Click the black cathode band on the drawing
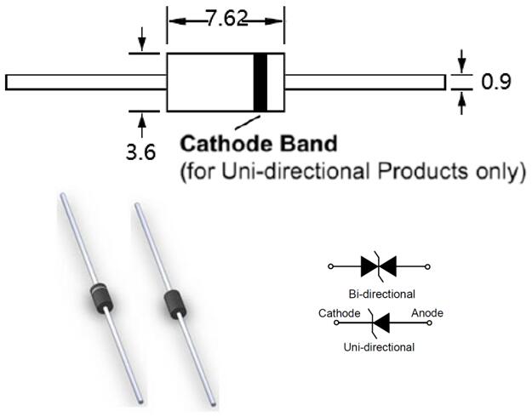pyautogui.click(x=260, y=83)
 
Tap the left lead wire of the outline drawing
pyautogui.click(x=85, y=83)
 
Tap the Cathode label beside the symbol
pyautogui.click(x=340, y=313)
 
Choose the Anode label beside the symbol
pyautogui.click(x=426, y=313)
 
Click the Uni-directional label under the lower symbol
pyautogui.click(x=379, y=347)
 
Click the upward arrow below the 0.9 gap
pyautogui.click(x=462, y=103)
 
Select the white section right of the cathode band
pyautogui.click(x=275, y=83)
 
